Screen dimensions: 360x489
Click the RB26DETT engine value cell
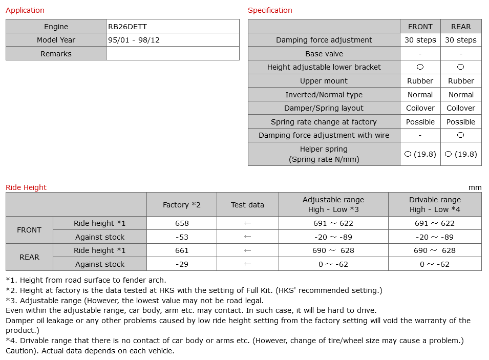pyautogui.click(x=127, y=27)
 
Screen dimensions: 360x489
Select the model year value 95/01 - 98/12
pyautogui.click(x=134, y=40)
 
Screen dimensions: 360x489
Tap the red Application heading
pyautogui.click(x=25, y=10)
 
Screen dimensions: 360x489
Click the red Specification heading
pyautogui.click(x=270, y=10)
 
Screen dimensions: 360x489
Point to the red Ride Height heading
pyautogui.click(x=26, y=187)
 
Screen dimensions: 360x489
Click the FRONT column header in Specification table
pyautogui.click(x=420, y=27)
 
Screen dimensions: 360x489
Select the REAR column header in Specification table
pyautogui.click(x=461, y=27)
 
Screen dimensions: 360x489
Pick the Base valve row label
pyautogui.click(x=324, y=54)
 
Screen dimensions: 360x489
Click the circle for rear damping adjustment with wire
pyautogui.click(x=461, y=135)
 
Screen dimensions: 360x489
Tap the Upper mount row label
pyautogui.click(x=324, y=81)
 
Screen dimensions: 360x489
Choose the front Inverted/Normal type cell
pyautogui.click(x=420, y=95)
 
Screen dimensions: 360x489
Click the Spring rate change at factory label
pyautogui.click(x=324, y=122)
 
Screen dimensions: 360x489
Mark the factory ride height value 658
pyautogui.click(x=182, y=223)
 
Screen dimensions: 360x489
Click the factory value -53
pyautogui.click(x=182, y=237)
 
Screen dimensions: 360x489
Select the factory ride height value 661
pyautogui.click(x=182, y=250)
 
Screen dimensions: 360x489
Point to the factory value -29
pyautogui.click(x=182, y=264)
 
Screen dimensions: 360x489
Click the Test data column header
pyautogui.click(x=247, y=205)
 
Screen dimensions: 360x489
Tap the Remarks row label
pyautogui.click(x=56, y=54)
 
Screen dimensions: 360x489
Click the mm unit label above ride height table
pyautogui.click(x=475, y=187)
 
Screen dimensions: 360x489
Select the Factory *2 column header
pyautogui.click(x=182, y=205)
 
